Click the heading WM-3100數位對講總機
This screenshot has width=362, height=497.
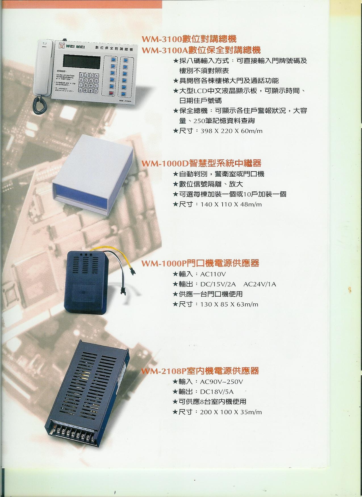189,39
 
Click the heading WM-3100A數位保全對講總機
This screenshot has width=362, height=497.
201,50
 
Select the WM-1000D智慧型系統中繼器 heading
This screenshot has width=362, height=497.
201,163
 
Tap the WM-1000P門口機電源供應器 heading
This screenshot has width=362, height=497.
200,263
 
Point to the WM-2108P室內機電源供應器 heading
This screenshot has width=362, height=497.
200,371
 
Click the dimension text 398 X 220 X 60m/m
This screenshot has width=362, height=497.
231,131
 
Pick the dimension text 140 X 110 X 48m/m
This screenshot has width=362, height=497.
231,204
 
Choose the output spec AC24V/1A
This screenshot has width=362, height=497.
260,284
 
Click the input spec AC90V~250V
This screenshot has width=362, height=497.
221,382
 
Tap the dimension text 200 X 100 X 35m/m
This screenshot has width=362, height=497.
231,412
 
